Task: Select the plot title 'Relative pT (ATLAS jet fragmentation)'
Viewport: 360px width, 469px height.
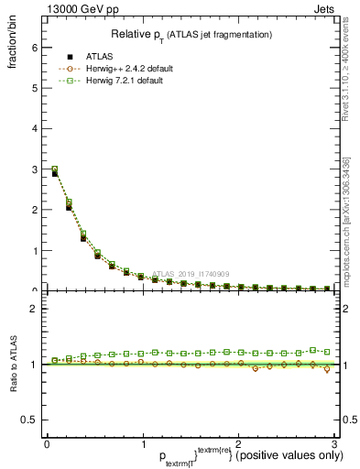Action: click(191, 35)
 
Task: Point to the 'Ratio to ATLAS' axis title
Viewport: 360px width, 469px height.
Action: click(12, 364)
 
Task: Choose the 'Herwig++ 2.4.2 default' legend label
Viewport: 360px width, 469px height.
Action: click(131, 69)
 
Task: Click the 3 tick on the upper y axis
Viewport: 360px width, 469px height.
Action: click(34, 169)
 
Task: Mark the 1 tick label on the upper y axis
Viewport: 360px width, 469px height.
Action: click(34, 250)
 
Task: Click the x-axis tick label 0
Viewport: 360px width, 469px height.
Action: click(47, 443)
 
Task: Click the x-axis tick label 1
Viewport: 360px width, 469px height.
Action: click(142, 443)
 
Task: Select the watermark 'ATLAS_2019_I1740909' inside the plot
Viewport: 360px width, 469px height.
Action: click(192, 273)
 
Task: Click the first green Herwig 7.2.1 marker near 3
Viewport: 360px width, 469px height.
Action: click(55, 169)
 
